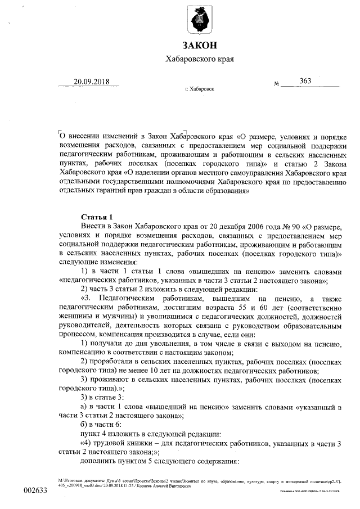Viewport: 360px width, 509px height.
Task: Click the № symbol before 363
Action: point(277,84)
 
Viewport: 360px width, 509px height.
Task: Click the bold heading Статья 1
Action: point(97,217)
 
